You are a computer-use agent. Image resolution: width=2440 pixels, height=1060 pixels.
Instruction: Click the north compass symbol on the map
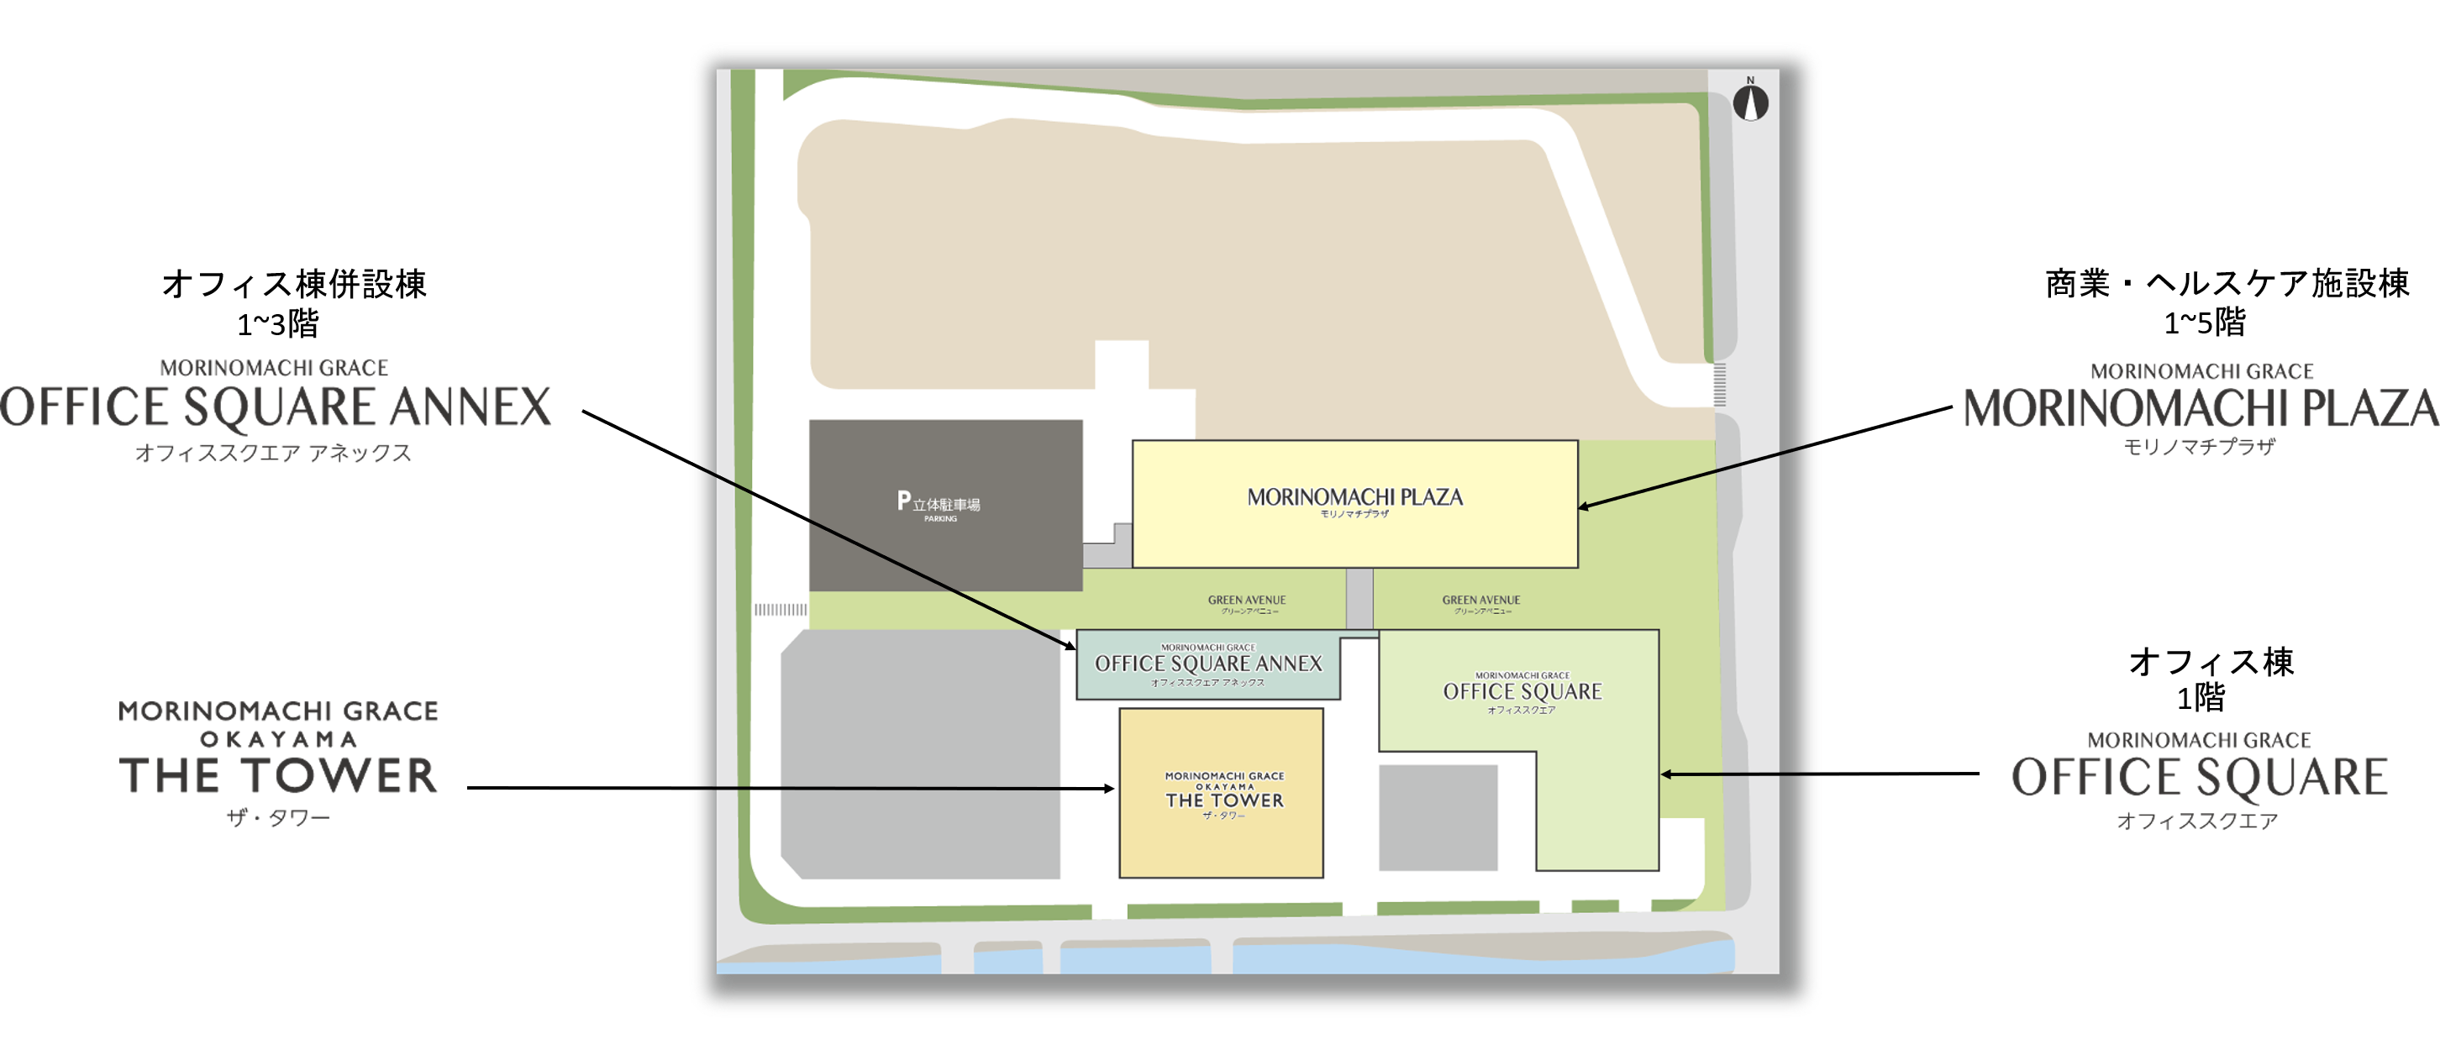pyautogui.click(x=1750, y=102)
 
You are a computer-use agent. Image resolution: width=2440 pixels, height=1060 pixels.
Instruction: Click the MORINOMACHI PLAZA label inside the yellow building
pyautogui.click(x=1354, y=498)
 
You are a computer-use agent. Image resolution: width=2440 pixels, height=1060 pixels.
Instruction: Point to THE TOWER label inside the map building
pyautogui.click(x=1224, y=799)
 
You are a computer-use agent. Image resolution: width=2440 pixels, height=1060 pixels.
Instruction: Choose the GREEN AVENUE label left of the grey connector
pyautogui.click(x=1247, y=601)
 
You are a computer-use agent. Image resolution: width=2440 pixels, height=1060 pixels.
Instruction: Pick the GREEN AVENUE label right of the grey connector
pyautogui.click(x=1480, y=601)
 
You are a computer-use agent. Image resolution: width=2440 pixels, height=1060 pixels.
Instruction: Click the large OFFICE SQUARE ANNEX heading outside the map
pyautogui.click(x=276, y=408)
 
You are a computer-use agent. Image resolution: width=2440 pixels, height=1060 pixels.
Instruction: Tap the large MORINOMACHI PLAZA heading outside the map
pyautogui.click(x=2200, y=409)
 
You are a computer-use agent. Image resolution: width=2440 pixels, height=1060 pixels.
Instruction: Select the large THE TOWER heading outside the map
pyautogui.click(x=278, y=775)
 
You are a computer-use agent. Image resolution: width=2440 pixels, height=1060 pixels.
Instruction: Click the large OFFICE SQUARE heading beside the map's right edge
pyautogui.click(x=2200, y=778)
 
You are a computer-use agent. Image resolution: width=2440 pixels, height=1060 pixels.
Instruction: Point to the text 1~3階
pyautogui.click(x=277, y=325)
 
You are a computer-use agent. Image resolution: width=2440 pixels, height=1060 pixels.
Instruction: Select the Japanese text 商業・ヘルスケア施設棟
pyautogui.click(x=2227, y=283)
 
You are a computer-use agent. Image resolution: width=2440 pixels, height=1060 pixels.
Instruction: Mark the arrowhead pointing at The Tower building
pyautogui.click(x=1109, y=788)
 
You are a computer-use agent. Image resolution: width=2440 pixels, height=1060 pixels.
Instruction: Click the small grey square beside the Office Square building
pyautogui.click(x=1438, y=817)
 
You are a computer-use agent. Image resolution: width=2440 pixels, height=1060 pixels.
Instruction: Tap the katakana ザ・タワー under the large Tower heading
pyautogui.click(x=278, y=817)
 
